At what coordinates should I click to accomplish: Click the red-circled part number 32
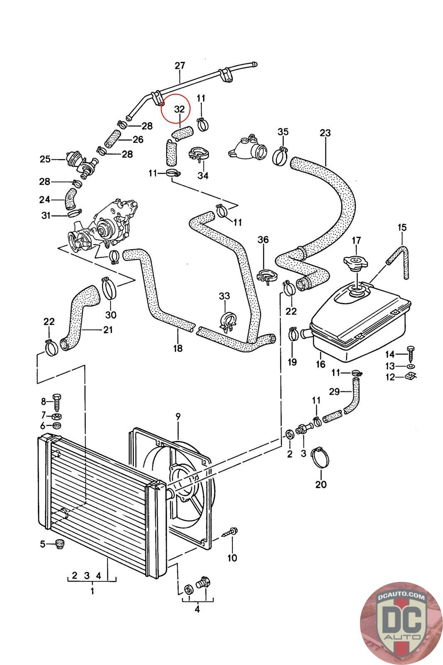pos(179,109)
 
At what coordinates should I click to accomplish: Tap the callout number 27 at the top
pos(180,66)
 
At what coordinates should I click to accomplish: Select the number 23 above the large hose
pos(325,133)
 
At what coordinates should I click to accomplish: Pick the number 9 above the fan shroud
pos(178,416)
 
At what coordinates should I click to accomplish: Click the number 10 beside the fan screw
pos(232,557)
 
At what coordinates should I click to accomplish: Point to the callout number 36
pos(263,240)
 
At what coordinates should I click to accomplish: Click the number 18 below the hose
pos(178,348)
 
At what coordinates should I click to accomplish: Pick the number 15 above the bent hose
pos(402,227)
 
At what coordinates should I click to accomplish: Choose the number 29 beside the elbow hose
pos(334,391)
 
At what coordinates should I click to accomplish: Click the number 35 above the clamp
pos(283,132)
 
